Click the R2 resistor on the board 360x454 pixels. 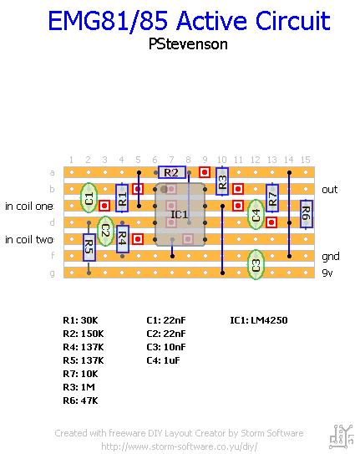(172, 172)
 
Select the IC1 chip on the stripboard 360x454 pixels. (180, 214)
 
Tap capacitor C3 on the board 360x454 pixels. (256, 265)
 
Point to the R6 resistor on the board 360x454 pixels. (307, 214)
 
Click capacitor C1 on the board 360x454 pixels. (89, 197)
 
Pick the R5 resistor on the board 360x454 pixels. (89, 247)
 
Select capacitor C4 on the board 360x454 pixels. (256, 215)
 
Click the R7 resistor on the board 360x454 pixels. (272, 198)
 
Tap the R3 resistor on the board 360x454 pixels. (222, 181)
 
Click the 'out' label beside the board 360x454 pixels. (330, 190)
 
